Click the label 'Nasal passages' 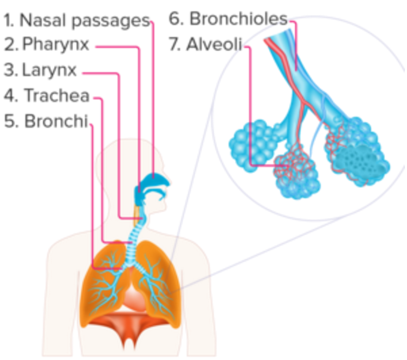84,21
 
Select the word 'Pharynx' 56,44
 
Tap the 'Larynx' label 49,70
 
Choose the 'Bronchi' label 56,121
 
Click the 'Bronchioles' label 238,19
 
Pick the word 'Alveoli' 214,44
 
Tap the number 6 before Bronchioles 175,19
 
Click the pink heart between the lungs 133,296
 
